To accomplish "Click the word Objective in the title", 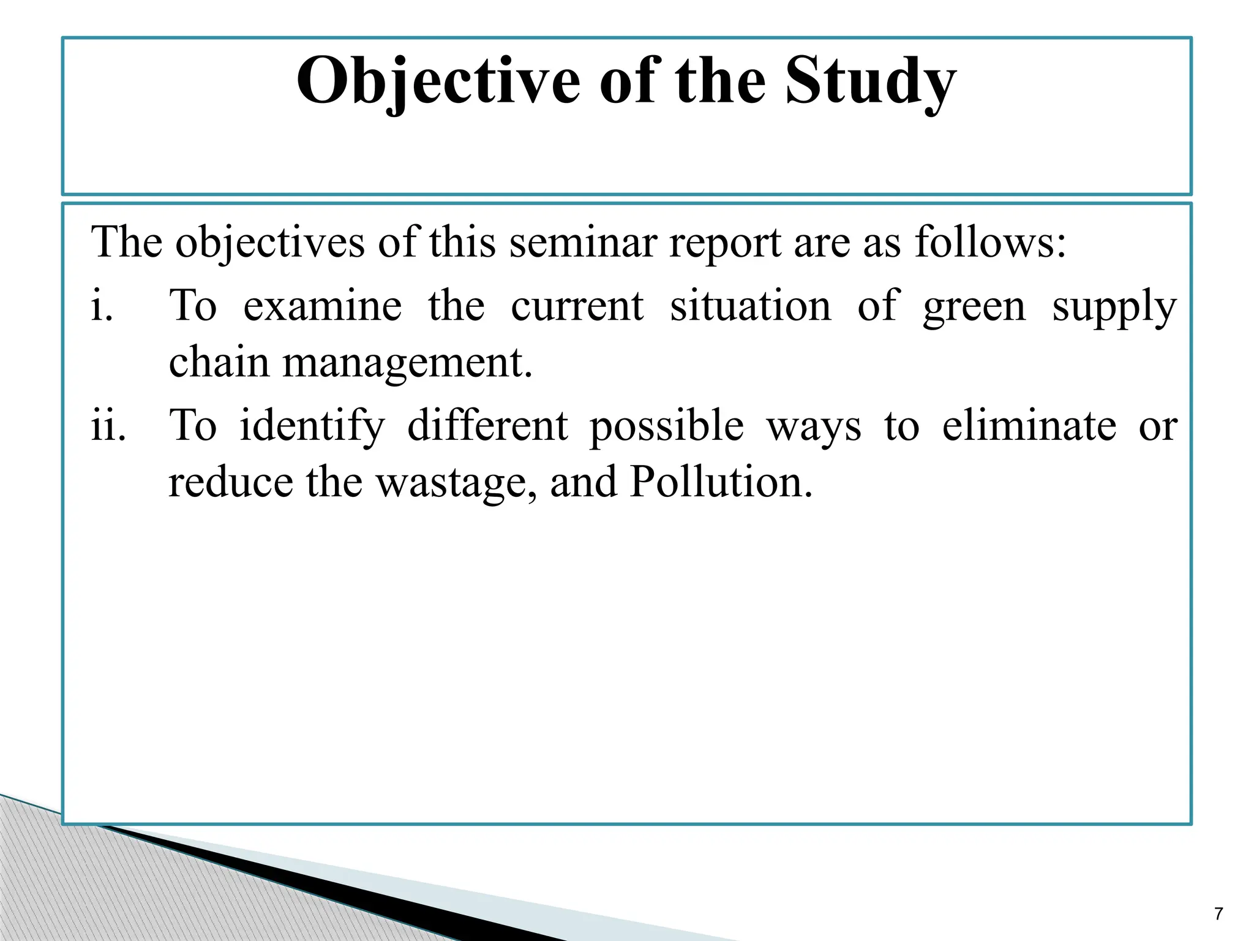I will click(438, 82).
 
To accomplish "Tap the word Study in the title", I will click(870, 82).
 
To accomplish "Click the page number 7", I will click(1218, 914).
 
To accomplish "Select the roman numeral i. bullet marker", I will click(102, 306).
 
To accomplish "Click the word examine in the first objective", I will click(323, 306).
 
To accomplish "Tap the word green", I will click(974, 306).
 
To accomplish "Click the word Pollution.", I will click(721, 482).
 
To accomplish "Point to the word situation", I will click(750, 306).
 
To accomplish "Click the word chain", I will click(219, 362).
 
